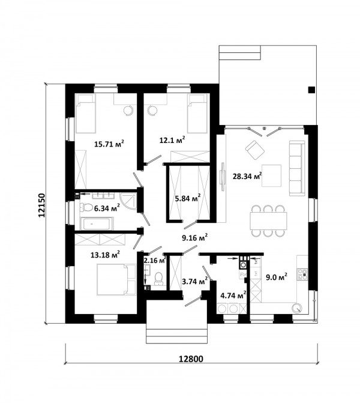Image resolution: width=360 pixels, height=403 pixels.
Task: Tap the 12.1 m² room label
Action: pyautogui.click(x=172, y=140)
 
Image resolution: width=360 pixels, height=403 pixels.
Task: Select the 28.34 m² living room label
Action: pyautogui.click(x=247, y=176)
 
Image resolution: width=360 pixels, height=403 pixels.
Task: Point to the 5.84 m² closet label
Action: pyautogui.click(x=188, y=199)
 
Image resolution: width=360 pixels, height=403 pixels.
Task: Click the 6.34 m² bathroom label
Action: pyautogui.click(x=107, y=208)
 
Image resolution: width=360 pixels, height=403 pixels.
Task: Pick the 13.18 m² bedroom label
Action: pyautogui.click(x=105, y=255)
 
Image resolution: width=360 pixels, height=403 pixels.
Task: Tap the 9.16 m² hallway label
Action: pyautogui.click(x=194, y=238)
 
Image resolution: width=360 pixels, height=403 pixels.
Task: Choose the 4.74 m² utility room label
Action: pyautogui.click(x=233, y=295)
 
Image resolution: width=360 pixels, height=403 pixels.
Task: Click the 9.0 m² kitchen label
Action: pyautogui.click(x=276, y=277)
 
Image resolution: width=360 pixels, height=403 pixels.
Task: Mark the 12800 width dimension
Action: pyautogui.click(x=191, y=359)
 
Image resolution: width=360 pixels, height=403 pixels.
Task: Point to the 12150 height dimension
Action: pyautogui.click(x=41, y=205)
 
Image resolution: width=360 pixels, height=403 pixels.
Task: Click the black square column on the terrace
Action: pyautogui.click(x=311, y=89)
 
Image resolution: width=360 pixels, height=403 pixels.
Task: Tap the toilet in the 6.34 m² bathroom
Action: pyautogui.click(x=86, y=207)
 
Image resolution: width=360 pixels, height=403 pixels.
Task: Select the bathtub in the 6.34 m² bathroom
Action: pyautogui.click(x=97, y=224)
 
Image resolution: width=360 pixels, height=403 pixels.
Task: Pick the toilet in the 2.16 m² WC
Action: pyautogui.click(x=158, y=278)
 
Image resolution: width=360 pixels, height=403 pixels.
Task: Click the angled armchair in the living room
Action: pyautogui.click(x=255, y=150)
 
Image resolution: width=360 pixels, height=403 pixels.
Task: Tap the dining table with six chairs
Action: pyautogui.click(x=269, y=220)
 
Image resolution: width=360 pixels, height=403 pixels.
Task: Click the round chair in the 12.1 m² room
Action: pyautogui.click(x=152, y=111)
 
